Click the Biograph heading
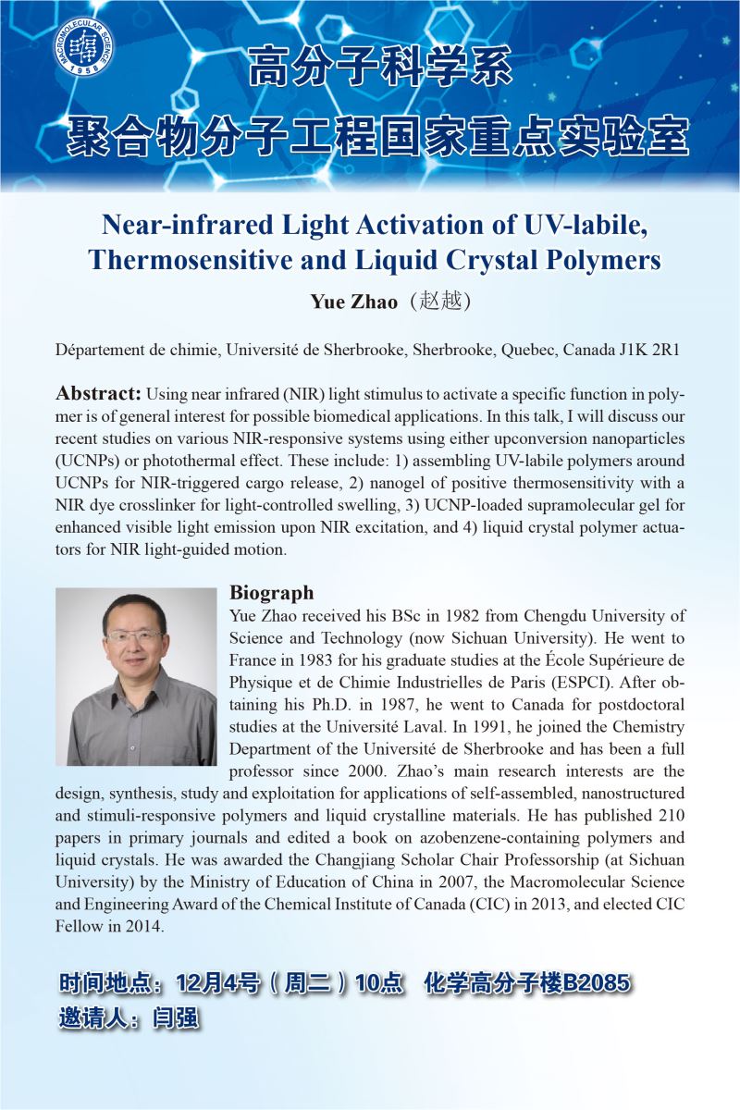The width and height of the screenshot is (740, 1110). [271, 593]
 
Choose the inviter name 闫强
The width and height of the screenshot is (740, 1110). [178, 1019]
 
